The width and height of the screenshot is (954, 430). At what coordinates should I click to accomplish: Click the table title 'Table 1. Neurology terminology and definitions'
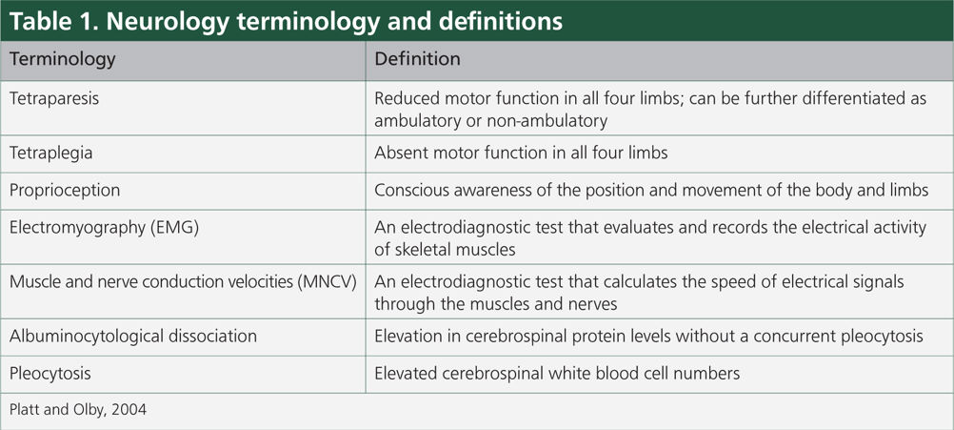286,20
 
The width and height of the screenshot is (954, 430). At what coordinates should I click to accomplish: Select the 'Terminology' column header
62,60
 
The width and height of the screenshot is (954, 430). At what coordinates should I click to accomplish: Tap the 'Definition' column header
417,60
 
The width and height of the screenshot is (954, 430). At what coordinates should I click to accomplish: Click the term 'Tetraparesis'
54,98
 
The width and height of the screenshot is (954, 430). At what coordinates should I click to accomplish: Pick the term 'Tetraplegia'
51,153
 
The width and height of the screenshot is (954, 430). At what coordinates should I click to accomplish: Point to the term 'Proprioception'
65,190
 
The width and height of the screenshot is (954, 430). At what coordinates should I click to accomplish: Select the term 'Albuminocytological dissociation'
132,336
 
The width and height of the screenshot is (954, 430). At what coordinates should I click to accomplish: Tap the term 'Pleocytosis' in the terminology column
50,374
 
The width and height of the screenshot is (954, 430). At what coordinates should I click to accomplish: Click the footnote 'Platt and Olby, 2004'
78,409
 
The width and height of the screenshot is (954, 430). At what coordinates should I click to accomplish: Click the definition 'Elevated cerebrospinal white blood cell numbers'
557,374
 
